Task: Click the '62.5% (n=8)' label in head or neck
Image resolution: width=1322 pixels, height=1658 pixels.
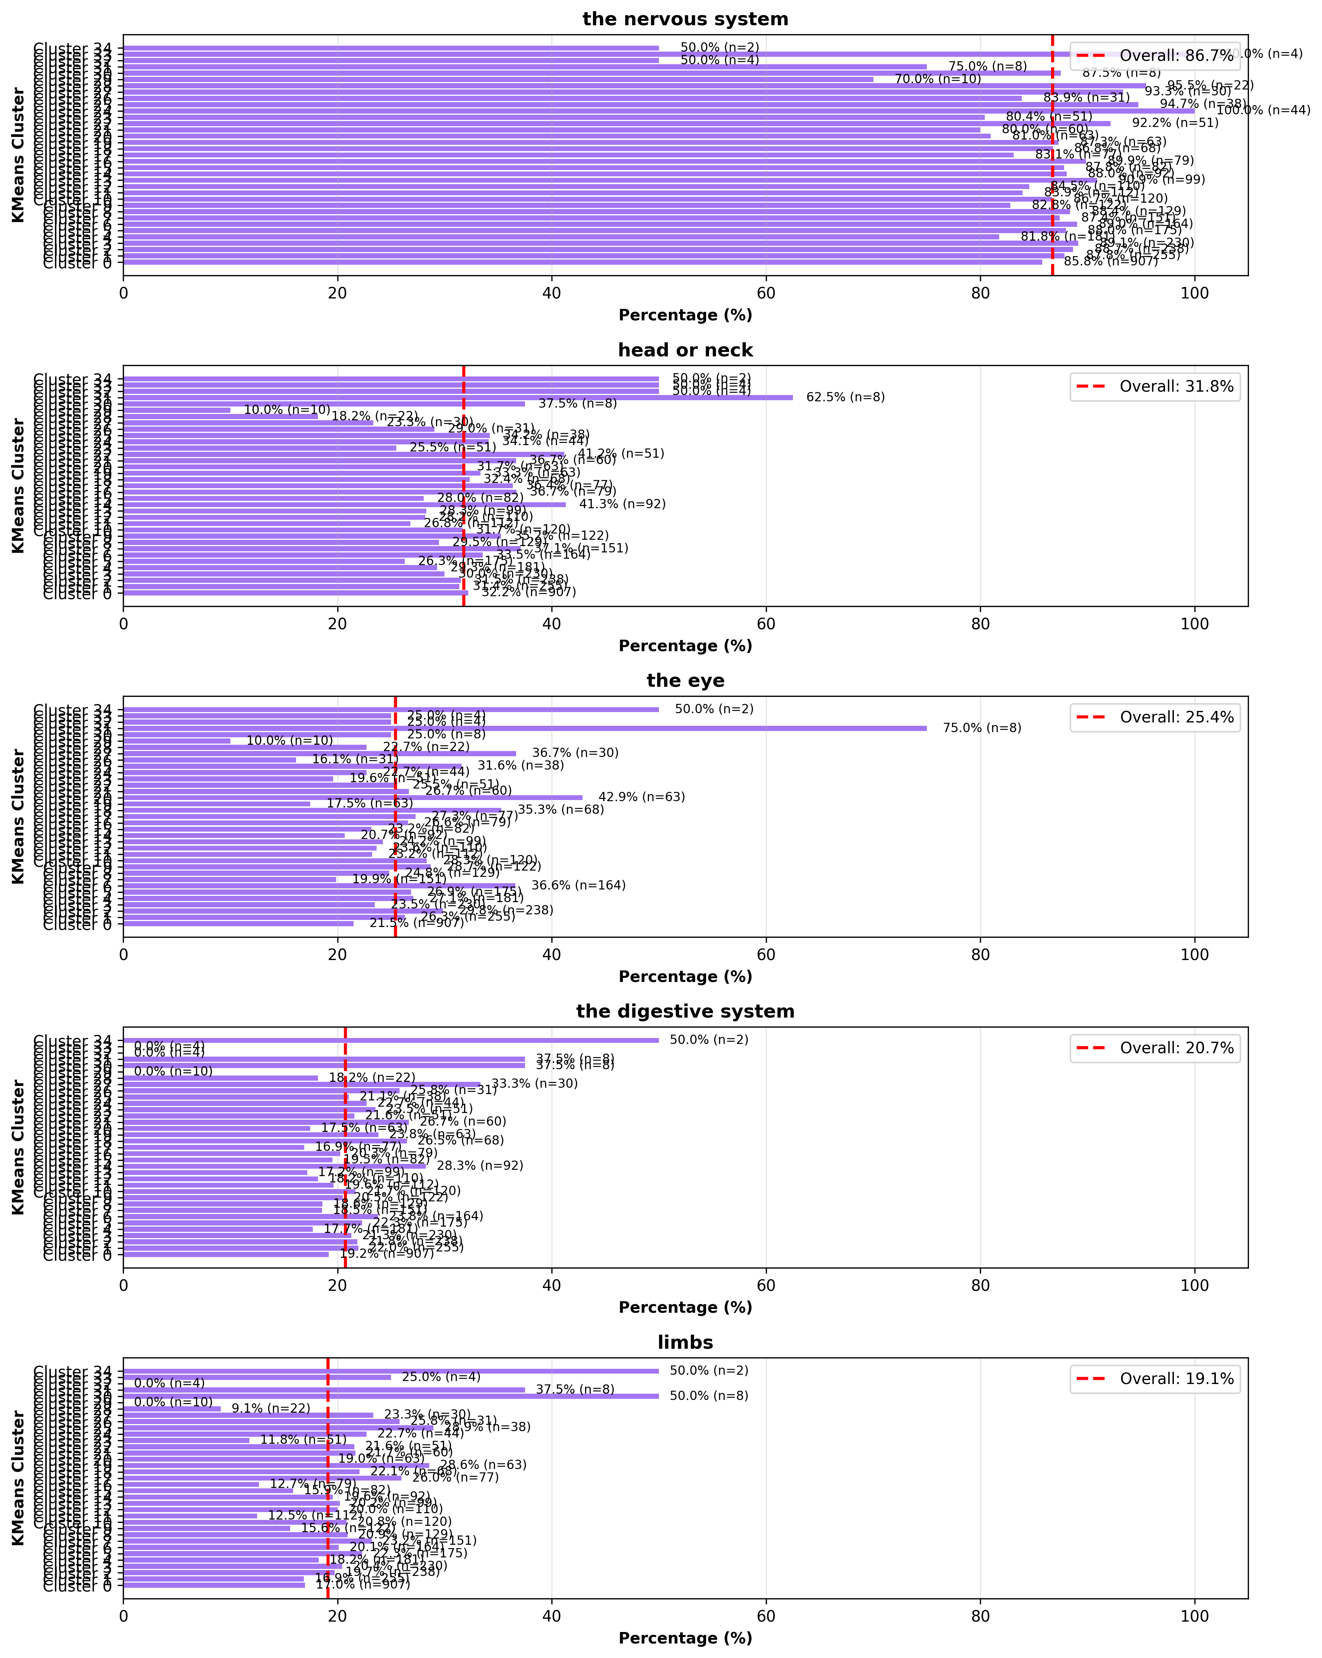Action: click(846, 397)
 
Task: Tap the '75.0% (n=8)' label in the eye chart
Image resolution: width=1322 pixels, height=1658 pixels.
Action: click(982, 728)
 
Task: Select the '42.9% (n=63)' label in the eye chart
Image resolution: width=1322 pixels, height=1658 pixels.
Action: click(642, 797)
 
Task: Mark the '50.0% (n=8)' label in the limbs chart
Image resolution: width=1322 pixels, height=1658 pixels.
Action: click(709, 1396)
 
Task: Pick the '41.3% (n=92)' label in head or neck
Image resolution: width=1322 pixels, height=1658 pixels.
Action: click(623, 504)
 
